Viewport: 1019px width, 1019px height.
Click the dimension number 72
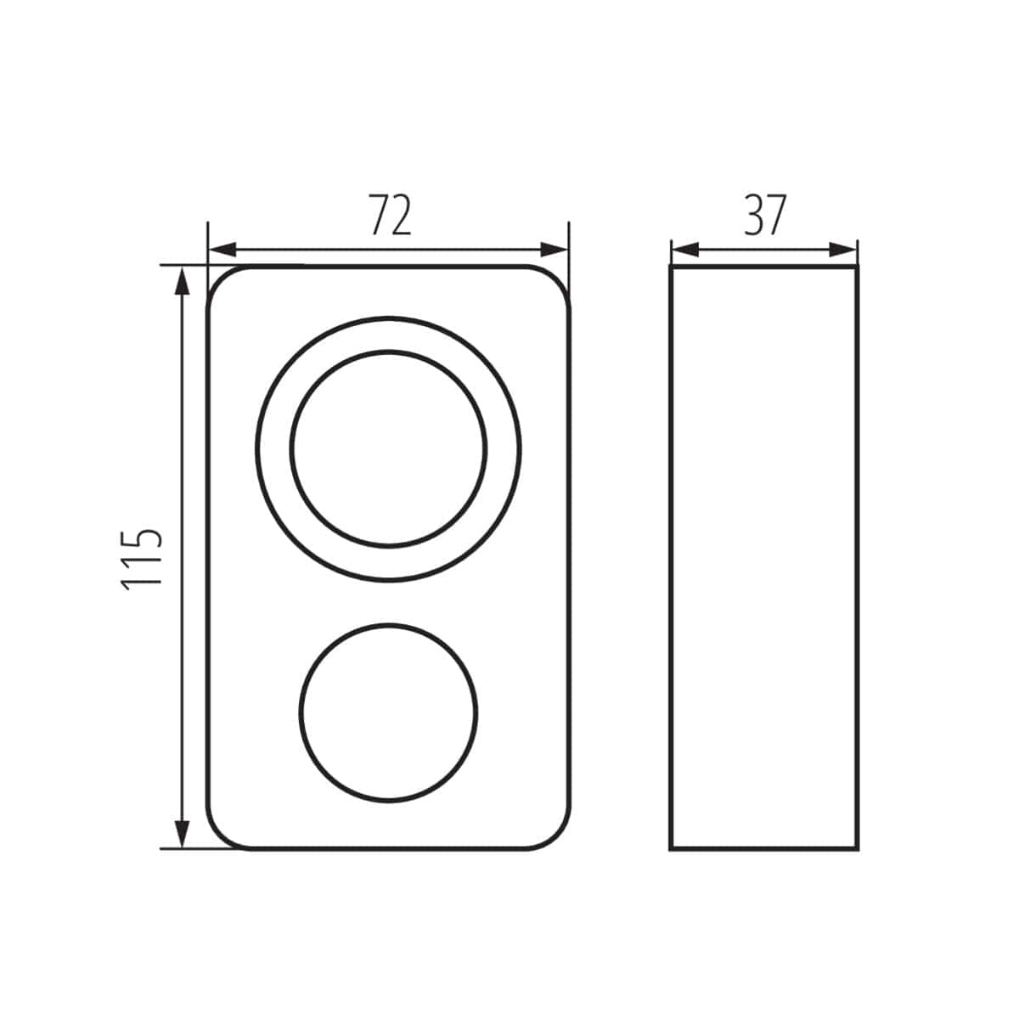point(390,215)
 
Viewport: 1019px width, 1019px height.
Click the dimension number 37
point(765,215)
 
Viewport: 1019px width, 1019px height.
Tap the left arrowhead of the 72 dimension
point(223,250)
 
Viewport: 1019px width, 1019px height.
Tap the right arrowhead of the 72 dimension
point(553,250)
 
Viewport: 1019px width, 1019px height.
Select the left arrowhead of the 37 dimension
point(685,250)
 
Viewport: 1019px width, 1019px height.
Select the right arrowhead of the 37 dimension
point(842,250)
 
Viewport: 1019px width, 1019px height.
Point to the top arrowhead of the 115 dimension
point(183,281)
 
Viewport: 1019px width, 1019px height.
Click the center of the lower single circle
point(389,712)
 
